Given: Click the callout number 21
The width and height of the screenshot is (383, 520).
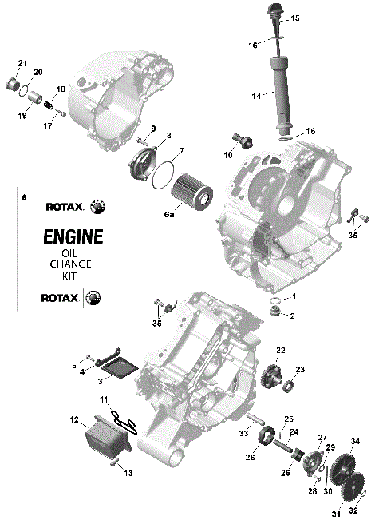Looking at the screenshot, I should point(22,63).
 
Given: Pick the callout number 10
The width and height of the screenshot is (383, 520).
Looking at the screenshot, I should point(228,154).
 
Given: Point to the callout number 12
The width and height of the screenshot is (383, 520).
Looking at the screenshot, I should point(74,419).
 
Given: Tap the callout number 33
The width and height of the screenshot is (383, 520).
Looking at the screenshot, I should point(243,434).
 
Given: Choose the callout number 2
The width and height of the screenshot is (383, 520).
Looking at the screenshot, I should point(292,316).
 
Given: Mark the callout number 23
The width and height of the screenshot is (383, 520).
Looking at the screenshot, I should point(301,369).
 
